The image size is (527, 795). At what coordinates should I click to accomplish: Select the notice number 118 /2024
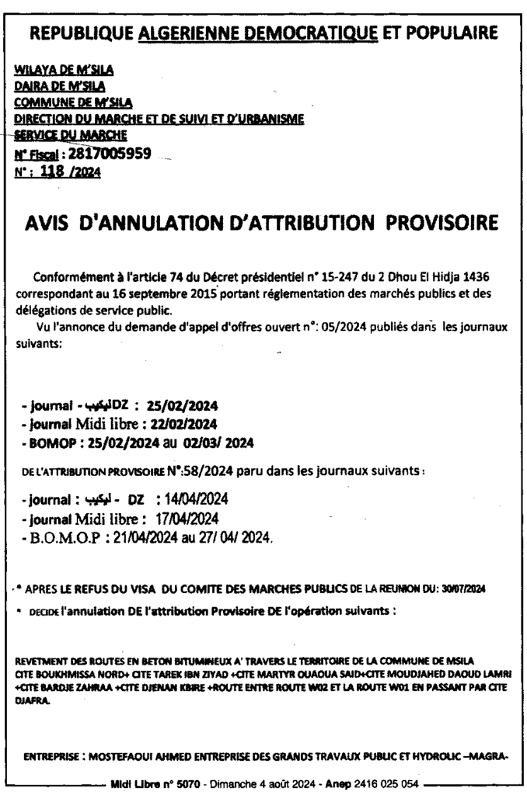71,171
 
